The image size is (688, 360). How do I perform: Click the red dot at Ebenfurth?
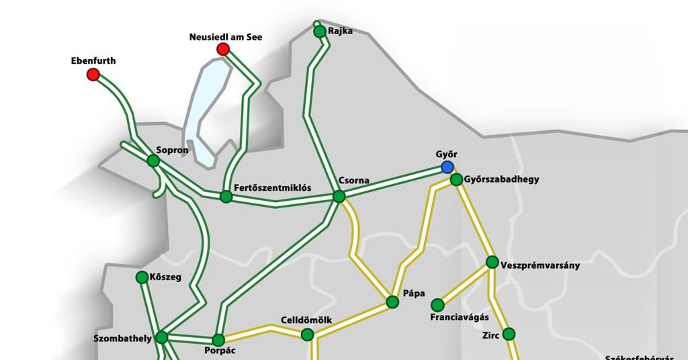[93, 75]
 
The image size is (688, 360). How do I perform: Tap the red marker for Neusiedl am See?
[223, 49]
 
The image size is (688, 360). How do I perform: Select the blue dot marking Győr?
[447, 167]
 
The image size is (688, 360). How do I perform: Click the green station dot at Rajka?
[320, 32]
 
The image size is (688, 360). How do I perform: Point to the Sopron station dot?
[153, 161]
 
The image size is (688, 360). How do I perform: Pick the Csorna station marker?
[339, 196]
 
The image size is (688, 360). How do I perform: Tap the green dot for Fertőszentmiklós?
[226, 197]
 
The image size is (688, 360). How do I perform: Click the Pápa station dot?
[392, 302]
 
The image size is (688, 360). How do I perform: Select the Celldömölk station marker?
[307, 334]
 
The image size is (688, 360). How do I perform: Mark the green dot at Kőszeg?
[142, 277]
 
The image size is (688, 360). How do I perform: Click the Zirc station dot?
[509, 334]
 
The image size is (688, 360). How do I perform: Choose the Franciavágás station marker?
[437, 305]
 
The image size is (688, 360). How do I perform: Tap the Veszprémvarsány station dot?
[492, 262]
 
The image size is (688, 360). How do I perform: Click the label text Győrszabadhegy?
[501, 180]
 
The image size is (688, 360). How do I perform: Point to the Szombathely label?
[122, 339]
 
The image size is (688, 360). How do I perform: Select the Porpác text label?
[220, 351]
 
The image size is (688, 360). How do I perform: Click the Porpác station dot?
[218, 340]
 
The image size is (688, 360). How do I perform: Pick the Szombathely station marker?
[162, 337]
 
